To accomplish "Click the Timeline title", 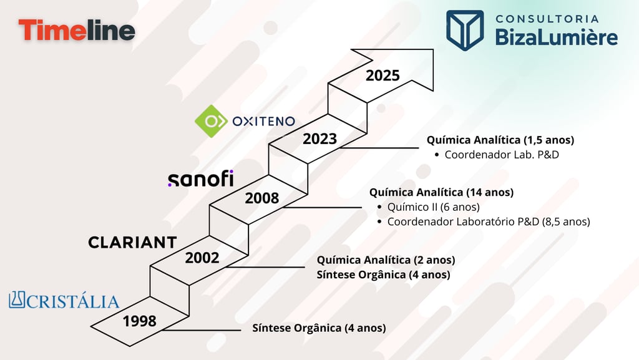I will [77, 31].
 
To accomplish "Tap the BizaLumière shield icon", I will [464, 29].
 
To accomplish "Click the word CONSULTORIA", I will [547, 19].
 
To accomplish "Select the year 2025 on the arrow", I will [383, 75].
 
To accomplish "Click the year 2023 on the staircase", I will [319, 139].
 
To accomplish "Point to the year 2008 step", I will [261, 198].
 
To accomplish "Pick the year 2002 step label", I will [202, 257].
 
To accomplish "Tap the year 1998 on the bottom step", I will [139, 321].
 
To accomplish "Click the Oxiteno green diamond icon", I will [211, 121].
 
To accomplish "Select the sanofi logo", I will [200, 179].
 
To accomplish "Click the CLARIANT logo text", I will [132, 242].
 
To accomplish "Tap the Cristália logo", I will [64, 301].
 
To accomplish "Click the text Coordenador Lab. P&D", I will [501, 154].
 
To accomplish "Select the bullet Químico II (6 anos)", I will [433, 207].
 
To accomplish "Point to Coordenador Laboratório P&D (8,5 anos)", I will [488, 221].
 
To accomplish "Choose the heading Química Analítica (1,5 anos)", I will [500, 140].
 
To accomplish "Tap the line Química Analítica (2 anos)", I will [386, 260].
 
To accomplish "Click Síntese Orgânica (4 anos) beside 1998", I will [319, 328].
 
